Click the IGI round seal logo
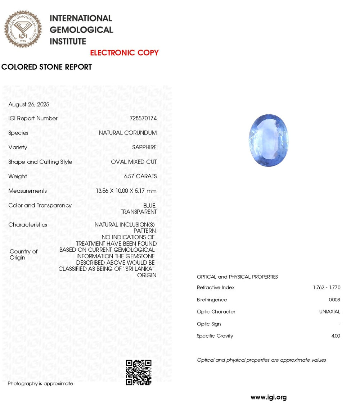23,29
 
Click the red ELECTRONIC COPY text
124,53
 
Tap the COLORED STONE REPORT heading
46,67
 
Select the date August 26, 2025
29,104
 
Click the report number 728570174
143,118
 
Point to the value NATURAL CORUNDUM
127,133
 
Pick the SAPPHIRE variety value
144,147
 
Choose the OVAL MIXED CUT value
134,162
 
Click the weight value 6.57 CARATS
140,176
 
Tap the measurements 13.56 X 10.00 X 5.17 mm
126,191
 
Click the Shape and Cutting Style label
40,162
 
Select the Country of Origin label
23,255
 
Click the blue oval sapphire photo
269,140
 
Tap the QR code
139,373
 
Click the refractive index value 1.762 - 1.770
327,288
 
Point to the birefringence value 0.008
334,300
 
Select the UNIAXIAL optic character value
329,312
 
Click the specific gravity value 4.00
336,336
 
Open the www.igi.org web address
269,397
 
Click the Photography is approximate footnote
40,384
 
